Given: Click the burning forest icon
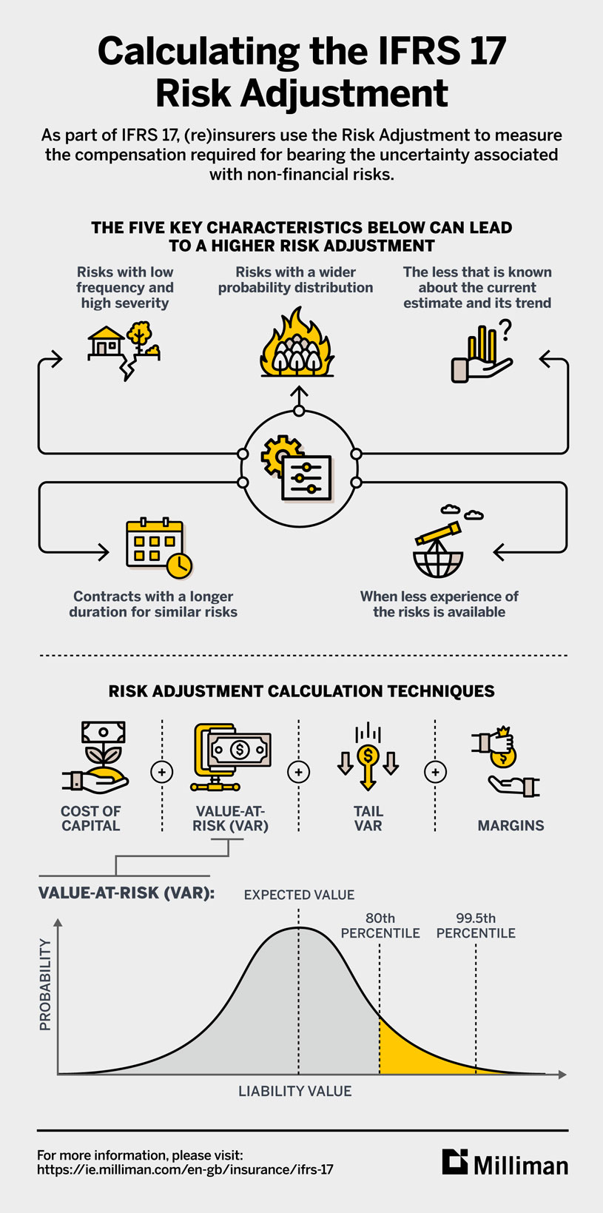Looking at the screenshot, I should pyautogui.click(x=297, y=345).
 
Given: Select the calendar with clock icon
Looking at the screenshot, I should pyautogui.click(x=158, y=548).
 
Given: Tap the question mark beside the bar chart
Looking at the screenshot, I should pyautogui.click(x=506, y=330).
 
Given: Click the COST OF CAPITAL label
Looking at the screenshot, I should pyautogui.click(x=90, y=818).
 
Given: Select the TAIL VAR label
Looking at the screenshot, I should pyautogui.click(x=368, y=818).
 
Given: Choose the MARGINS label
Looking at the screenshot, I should pyautogui.click(x=511, y=825).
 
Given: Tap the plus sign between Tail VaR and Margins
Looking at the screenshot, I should pyautogui.click(x=435, y=772).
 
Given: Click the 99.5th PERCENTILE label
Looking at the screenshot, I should pyautogui.click(x=476, y=926).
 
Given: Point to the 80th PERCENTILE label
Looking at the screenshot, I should pyautogui.click(x=380, y=926).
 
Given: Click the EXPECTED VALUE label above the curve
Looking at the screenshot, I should pyautogui.click(x=299, y=895).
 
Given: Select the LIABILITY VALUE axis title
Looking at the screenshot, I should pyautogui.click(x=294, y=1091).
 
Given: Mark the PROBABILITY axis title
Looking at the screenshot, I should pyautogui.click(x=45, y=984).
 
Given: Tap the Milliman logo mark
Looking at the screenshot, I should pyautogui.click(x=455, y=1162).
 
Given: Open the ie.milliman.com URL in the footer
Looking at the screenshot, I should pyautogui.click(x=185, y=1170).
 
